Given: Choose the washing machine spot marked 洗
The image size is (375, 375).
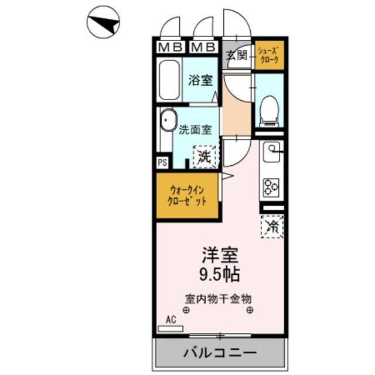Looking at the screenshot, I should point(204,155).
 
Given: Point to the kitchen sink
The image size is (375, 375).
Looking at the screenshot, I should point(272,153).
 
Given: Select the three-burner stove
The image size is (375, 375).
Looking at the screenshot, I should point(271,187).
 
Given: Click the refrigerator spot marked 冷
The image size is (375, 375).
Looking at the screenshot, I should point(271,225).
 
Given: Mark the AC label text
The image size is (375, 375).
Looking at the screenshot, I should point(171,320).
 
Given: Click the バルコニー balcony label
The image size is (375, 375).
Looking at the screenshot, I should point(219,353).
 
